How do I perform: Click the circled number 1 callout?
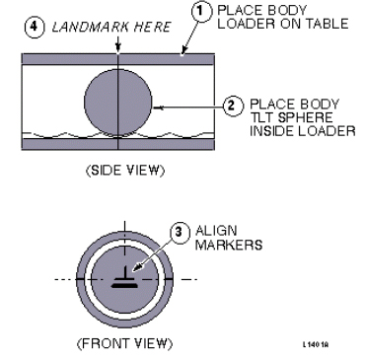point(201,12)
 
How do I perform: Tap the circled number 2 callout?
point(233,107)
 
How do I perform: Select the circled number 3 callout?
point(180,232)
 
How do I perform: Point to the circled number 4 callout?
point(35,27)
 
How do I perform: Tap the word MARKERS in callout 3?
point(229,245)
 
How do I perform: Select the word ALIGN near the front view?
point(216,231)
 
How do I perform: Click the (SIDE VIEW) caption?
point(124,170)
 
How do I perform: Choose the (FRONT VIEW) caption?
point(124,343)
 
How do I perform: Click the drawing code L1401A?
point(316,344)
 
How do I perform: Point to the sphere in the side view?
point(117,102)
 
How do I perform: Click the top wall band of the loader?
point(118,59)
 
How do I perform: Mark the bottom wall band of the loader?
point(118,144)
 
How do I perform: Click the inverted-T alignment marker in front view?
point(124,278)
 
